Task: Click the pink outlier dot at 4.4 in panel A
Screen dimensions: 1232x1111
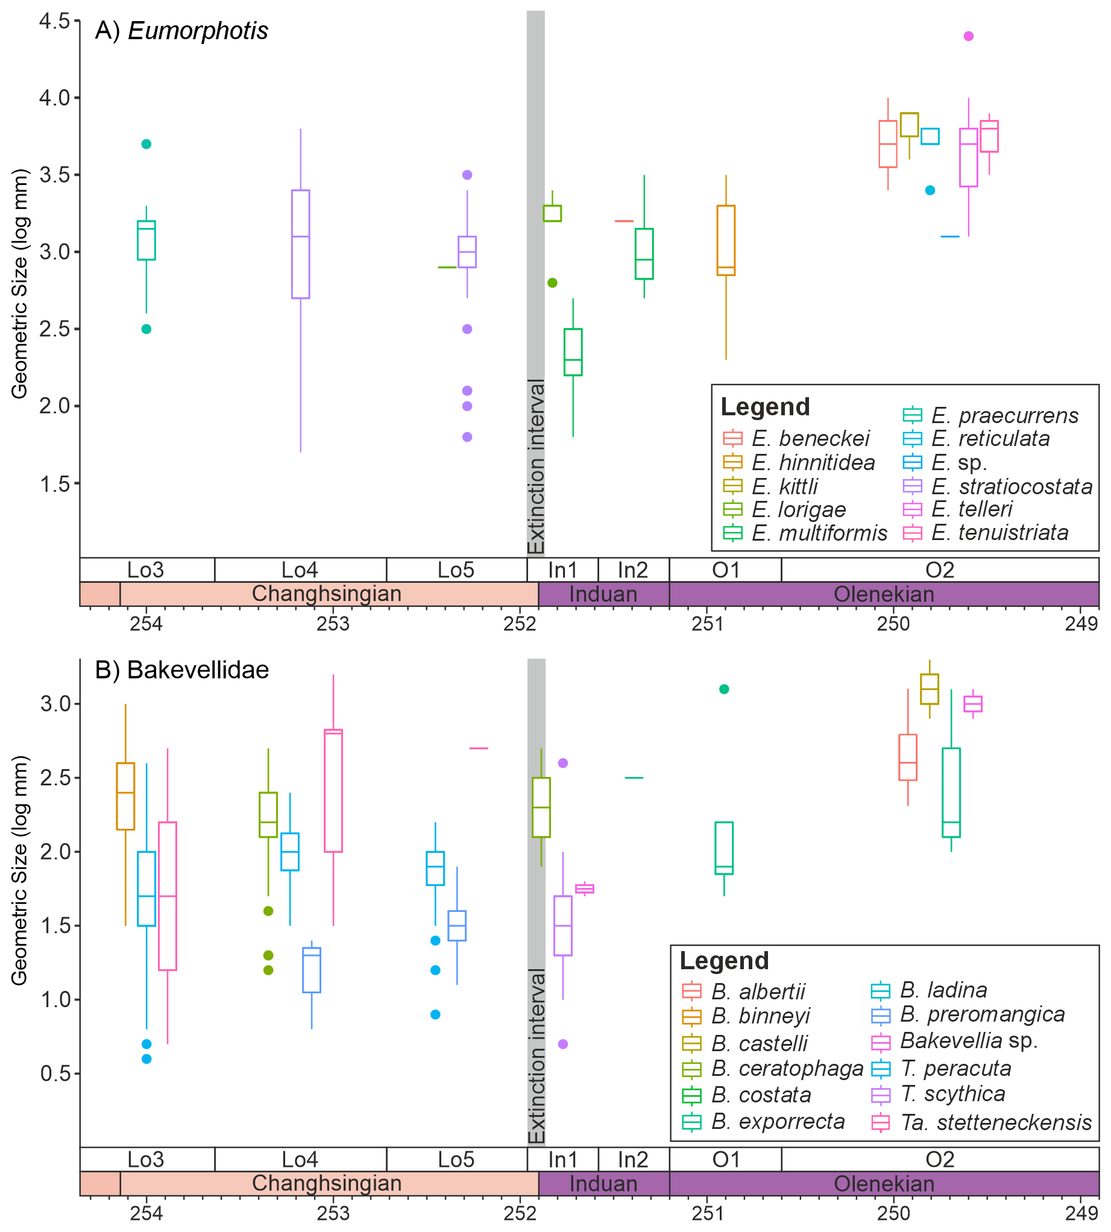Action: [968, 36]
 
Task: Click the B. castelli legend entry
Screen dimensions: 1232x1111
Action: [759, 1043]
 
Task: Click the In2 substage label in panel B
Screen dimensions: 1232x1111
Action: [633, 1160]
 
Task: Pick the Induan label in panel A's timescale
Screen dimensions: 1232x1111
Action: [603, 594]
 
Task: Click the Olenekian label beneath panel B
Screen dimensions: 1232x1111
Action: [883, 1184]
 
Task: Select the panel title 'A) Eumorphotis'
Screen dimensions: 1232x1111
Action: [181, 31]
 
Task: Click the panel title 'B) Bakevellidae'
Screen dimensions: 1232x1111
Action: [181, 670]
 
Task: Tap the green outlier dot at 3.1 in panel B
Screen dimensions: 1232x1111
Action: [724, 690]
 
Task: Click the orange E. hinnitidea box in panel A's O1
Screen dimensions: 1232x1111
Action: [725, 240]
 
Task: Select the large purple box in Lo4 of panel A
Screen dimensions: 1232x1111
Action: [300, 244]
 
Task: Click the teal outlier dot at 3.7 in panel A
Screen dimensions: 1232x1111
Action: [146, 144]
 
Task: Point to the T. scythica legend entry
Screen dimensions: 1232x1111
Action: [952, 1094]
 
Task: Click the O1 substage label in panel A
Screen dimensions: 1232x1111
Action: [725, 570]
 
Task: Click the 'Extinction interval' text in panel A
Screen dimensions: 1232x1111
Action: [535, 466]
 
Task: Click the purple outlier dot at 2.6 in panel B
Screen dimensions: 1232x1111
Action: [563, 762]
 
